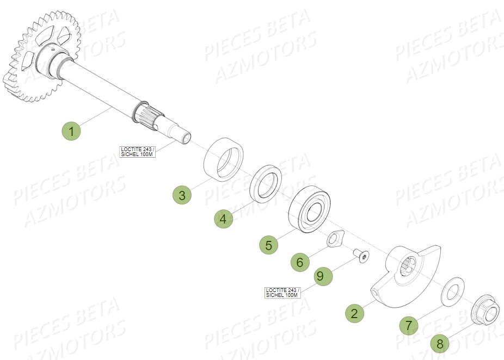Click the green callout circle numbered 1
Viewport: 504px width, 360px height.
pyautogui.click(x=71, y=131)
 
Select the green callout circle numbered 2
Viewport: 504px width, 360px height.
pyautogui.click(x=354, y=313)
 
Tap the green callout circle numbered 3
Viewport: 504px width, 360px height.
pyautogui.click(x=182, y=195)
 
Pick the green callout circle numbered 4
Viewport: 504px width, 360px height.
pyautogui.click(x=223, y=219)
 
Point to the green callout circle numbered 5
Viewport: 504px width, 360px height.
pyautogui.click(x=268, y=245)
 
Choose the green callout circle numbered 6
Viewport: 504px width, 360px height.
pyautogui.click(x=299, y=263)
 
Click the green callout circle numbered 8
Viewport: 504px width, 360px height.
pyautogui.click(x=440, y=343)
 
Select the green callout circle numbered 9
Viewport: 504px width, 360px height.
pyautogui.click(x=320, y=276)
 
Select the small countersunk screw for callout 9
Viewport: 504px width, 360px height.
pyautogui.click(x=361, y=254)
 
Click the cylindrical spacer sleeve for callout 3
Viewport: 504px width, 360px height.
pyautogui.click(x=223, y=159)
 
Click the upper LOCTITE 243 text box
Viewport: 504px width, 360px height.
pyautogui.click(x=138, y=151)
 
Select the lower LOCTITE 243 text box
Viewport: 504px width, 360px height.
pyautogui.click(x=282, y=292)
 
